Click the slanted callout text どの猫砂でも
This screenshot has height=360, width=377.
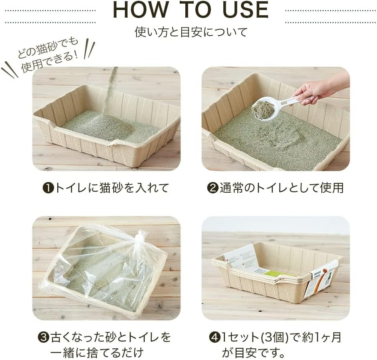pyautogui.click(x=48, y=48)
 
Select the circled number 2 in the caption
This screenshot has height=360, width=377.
pyautogui.click(x=212, y=188)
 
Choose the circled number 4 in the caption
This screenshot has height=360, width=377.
pyautogui.click(x=214, y=338)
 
